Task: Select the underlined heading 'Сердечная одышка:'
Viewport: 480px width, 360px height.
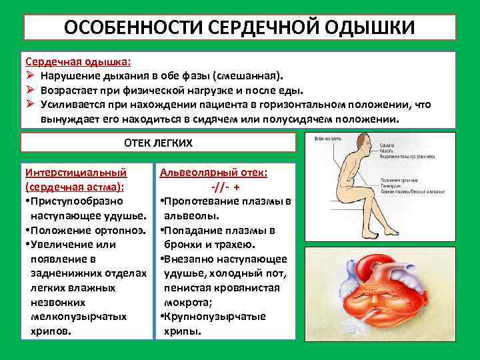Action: pyautogui.click(x=78, y=61)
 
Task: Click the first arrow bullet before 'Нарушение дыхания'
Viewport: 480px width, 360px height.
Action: pyautogui.click(x=30, y=75)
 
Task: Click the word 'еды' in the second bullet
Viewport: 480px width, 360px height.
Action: pyautogui.click(x=289, y=90)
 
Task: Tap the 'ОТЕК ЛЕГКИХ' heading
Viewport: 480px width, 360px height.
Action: pyautogui.click(x=159, y=143)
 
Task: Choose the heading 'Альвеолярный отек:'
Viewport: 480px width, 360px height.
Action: pyautogui.click(x=213, y=172)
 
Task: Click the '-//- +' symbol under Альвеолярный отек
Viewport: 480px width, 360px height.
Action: pyautogui.click(x=225, y=187)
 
